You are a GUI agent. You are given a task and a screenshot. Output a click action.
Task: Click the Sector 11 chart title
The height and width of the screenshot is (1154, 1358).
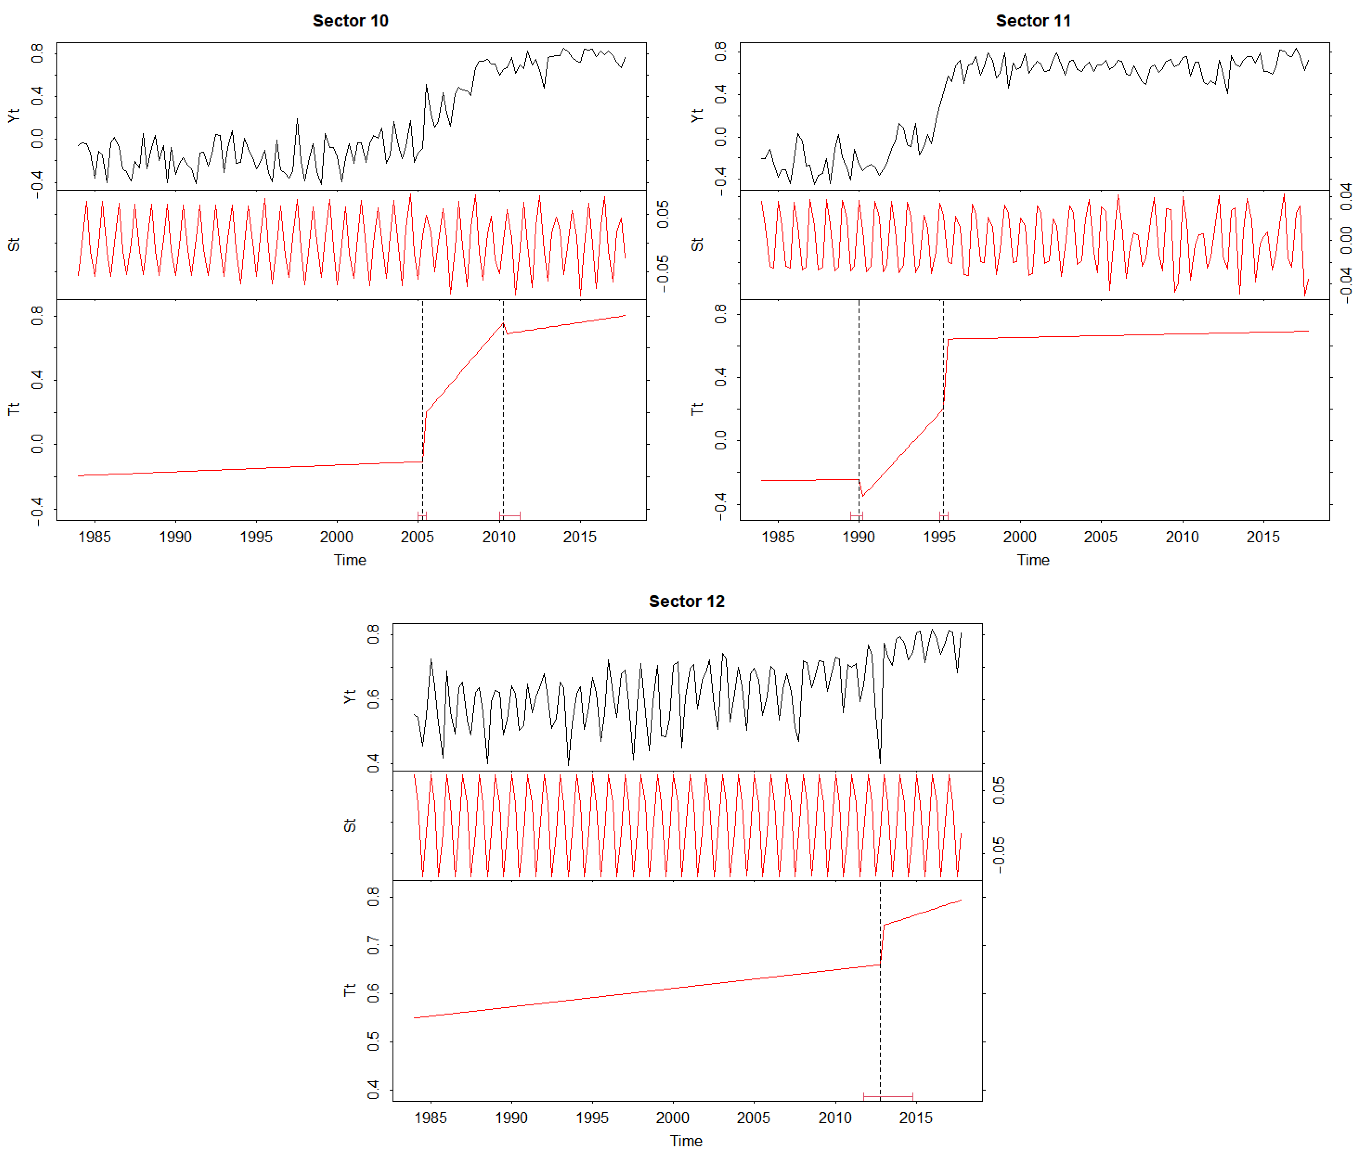point(1033,21)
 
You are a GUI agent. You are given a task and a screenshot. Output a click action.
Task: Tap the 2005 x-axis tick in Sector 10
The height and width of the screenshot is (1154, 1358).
point(417,537)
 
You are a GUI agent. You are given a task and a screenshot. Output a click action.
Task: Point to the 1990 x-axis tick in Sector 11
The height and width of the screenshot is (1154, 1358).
point(858,537)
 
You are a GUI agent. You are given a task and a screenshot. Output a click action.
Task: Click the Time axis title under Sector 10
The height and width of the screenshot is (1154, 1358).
point(350,560)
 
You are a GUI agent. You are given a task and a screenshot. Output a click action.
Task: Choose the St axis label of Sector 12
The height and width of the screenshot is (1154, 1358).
point(350,826)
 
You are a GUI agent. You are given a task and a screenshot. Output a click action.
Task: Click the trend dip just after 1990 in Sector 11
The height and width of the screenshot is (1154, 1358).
point(862,496)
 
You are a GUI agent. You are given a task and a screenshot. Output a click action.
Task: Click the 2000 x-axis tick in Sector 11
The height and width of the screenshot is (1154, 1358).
point(1020,537)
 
